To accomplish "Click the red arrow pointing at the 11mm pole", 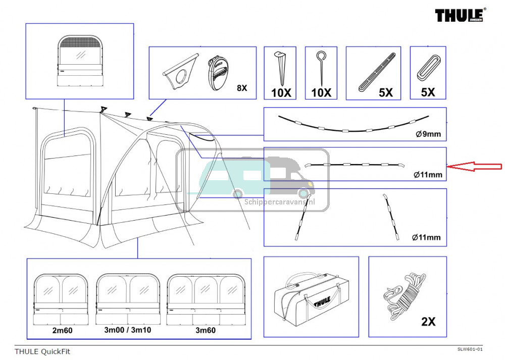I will [x=475, y=167].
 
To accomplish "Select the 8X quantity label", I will [x=242, y=88].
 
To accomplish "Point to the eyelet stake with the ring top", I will [x=321, y=68].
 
